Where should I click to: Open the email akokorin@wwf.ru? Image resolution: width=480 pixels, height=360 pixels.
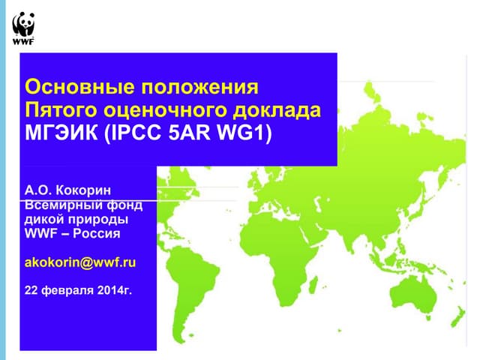[x=80, y=263]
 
